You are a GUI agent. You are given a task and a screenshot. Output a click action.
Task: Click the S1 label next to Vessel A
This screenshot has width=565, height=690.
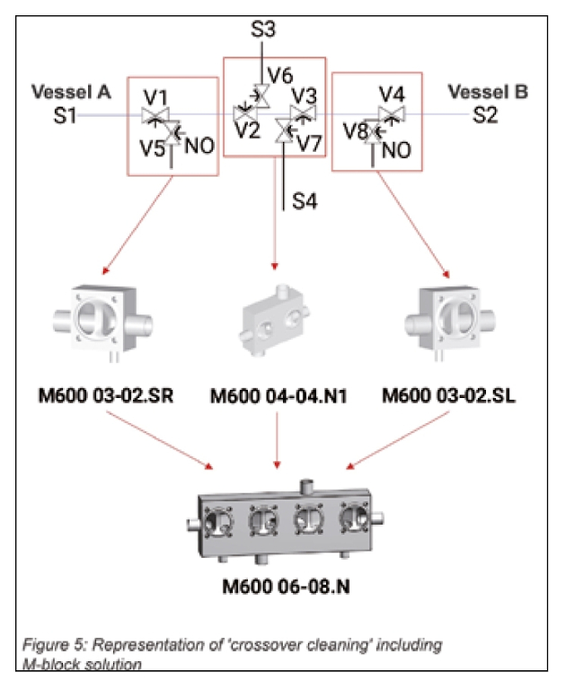tap(66, 115)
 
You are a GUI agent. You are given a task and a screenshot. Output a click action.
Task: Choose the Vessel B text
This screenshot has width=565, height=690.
tap(488, 92)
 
